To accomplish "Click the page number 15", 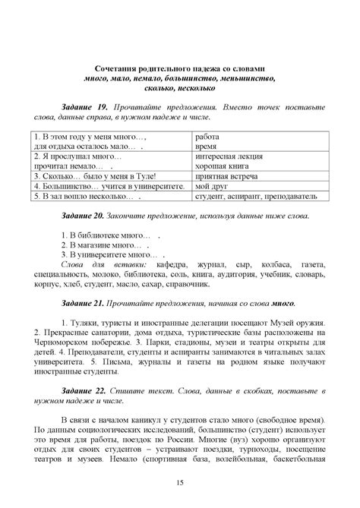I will (180, 483).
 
